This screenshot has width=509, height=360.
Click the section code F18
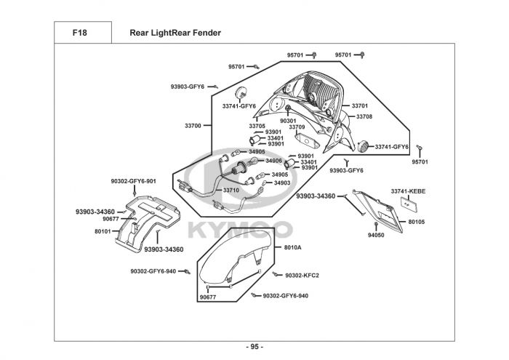tap(79, 33)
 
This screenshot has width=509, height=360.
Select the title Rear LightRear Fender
tap(175, 33)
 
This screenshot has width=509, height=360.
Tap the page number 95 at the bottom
tap(254, 347)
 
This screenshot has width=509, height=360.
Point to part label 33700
tap(193, 126)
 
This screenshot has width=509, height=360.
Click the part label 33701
tap(360, 105)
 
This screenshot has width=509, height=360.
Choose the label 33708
tap(364, 116)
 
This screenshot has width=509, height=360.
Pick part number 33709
tap(297, 127)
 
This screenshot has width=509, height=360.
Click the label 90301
tap(288, 121)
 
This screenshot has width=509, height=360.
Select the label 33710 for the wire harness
tap(231, 191)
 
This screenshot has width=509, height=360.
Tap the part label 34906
tap(273, 161)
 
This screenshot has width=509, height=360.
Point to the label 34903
tap(282, 183)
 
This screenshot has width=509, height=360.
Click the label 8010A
tap(293, 247)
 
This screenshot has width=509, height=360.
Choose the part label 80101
tap(103, 231)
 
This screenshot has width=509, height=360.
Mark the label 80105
tap(417, 222)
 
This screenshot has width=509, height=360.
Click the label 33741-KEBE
tap(408, 191)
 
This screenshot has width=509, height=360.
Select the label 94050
tap(376, 235)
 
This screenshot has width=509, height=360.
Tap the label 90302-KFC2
tap(302, 276)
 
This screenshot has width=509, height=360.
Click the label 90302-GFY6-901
tap(133, 181)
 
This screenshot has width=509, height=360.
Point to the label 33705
tap(257, 126)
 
